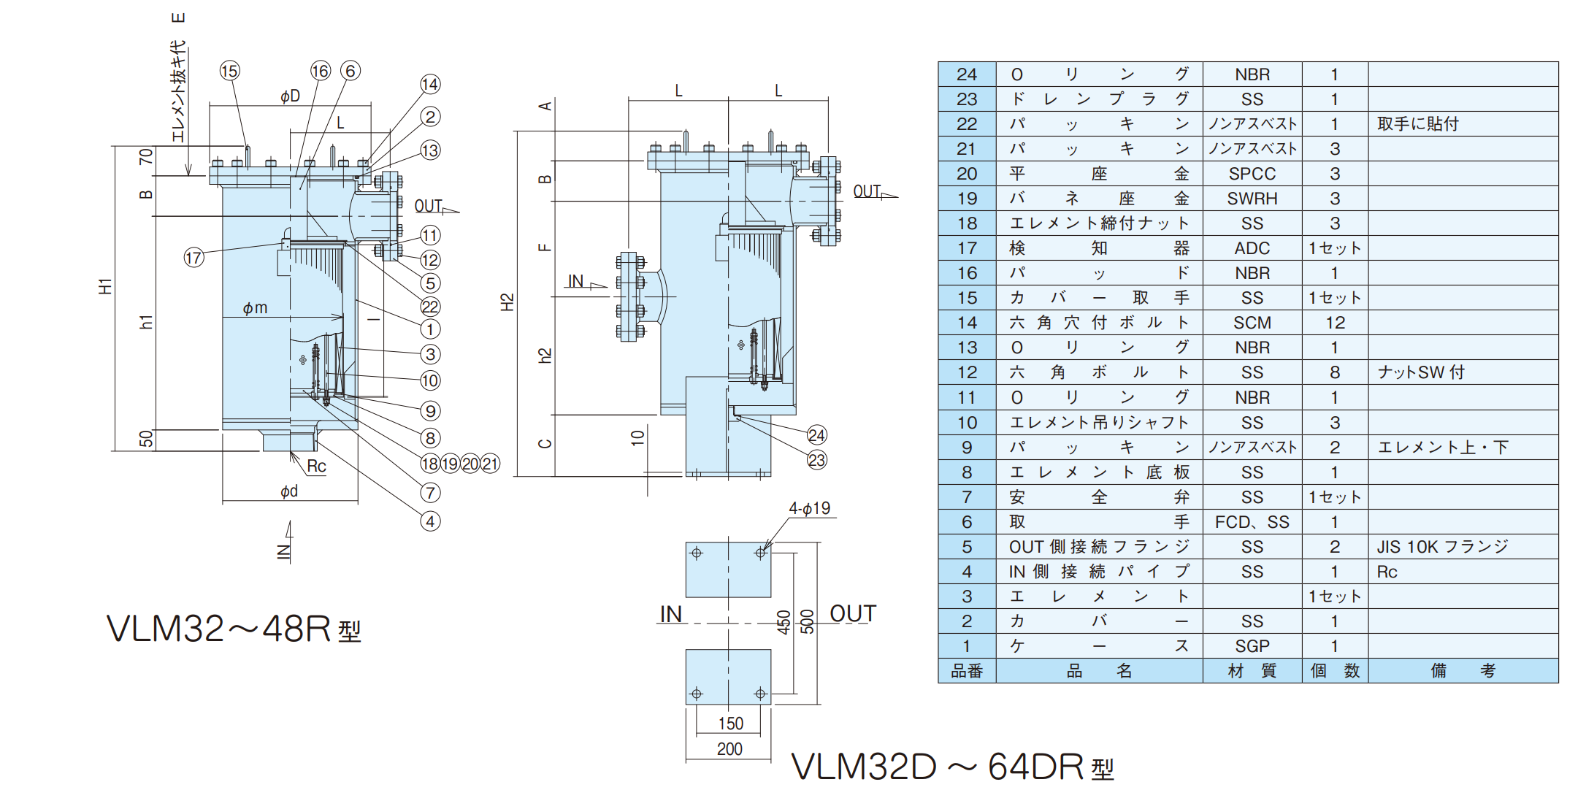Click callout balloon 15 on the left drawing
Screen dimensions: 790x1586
[x=229, y=71]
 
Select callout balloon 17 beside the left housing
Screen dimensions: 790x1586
[x=194, y=257]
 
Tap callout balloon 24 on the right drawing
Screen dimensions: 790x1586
[x=816, y=435]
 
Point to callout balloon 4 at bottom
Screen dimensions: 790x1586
[x=430, y=521]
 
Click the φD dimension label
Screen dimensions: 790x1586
[x=290, y=96]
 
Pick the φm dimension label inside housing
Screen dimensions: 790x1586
[x=255, y=308]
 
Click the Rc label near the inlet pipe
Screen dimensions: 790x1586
[x=316, y=466]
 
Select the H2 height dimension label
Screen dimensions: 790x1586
[x=507, y=302]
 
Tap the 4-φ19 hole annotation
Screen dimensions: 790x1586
[x=809, y=508]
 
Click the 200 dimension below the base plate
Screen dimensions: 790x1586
[x=729, y=748]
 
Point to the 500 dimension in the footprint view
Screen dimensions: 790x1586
[x=807, y=621]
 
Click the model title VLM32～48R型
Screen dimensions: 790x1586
[x=234, y=629]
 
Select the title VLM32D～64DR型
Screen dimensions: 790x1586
[x=952, y=767]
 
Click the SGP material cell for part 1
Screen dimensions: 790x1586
[x=1252, y=646]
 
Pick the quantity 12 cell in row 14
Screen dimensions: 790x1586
[x=1335, y=323]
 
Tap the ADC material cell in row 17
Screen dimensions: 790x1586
[x=1252, y=248]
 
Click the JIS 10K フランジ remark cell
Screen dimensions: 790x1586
[x=1442, y=547]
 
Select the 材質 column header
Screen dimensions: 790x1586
[x=1252, y=671]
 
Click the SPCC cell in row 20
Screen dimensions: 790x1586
[x=1252, y=174]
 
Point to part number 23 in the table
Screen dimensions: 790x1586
[x=966, y=99]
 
